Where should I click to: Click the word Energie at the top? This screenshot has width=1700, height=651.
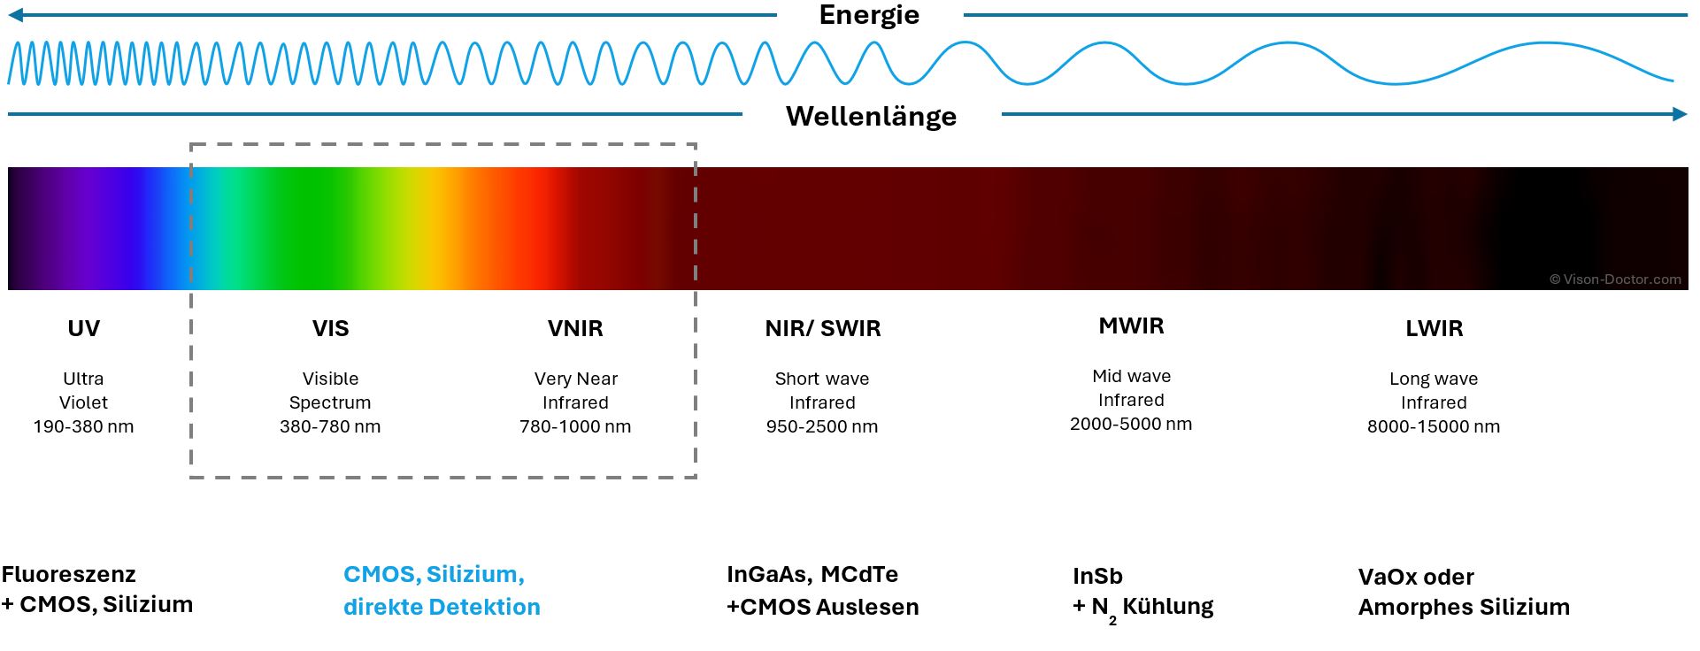coord(869,15)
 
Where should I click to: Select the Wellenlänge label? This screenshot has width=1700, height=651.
coord(871,116)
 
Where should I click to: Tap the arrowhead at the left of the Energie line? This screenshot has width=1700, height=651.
coord(15,15)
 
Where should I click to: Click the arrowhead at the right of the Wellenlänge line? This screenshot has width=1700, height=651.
coord(1680,114)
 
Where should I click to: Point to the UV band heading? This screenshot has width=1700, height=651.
coord(84,328)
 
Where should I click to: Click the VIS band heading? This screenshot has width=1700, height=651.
coord(330,328)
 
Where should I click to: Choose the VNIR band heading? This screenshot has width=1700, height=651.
coord(575,328)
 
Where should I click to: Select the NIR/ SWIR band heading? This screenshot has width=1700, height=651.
coord(823,328)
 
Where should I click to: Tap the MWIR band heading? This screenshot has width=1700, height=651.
coord(1131,325)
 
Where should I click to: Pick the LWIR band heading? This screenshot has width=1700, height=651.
coord(1434,328)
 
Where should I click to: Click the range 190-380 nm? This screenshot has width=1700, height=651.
coord(84,426)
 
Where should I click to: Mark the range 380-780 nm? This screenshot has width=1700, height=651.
coord(330,426)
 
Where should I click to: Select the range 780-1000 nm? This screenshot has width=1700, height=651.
coord(575,426)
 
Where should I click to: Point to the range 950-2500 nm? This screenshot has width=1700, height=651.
coord(822,426)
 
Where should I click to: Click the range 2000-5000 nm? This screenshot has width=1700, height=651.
coord(1131,424)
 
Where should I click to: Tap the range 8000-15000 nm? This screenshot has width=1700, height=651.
coord(1434,426)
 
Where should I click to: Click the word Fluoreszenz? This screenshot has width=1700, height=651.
coord(69,574)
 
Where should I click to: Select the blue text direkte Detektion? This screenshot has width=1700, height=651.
coord(442,607)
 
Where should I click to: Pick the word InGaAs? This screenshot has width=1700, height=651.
coord(767,574)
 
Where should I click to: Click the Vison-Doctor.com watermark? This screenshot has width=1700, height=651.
coord(1615,280)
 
